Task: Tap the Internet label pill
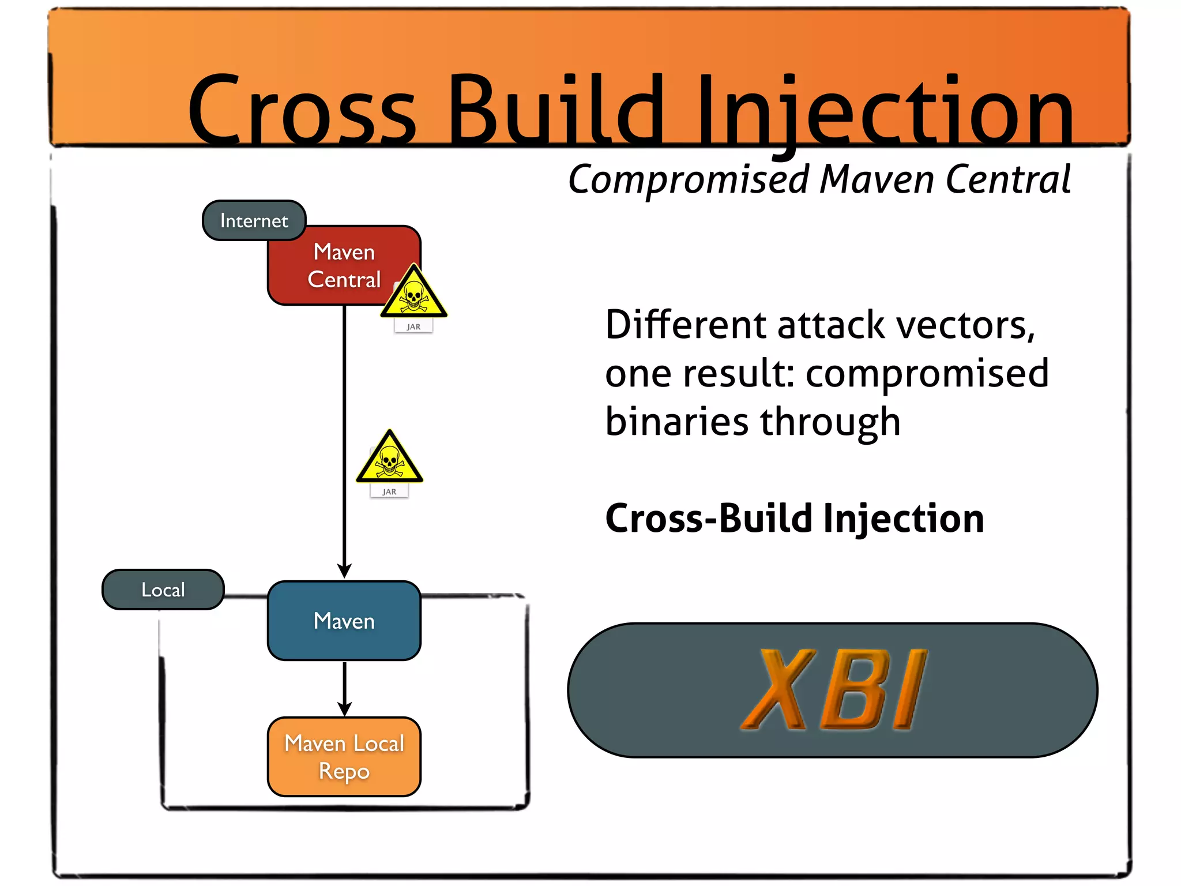pos(254,220)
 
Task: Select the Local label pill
pos(163,590)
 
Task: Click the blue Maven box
pos(344,621)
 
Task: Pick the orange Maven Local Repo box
pos(344,757)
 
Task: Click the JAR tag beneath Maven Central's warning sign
pos(413,326)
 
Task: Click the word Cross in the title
pos(302,110)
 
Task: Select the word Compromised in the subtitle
pos(689,180)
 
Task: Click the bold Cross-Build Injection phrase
pos(794,518)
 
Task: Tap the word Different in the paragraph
pos(685,325)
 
